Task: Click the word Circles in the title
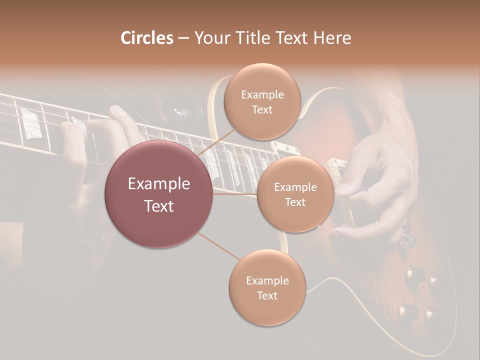(146, 38)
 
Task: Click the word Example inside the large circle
(159, 184)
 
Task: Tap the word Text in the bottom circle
(267, 295)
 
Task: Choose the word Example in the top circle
(262, 94)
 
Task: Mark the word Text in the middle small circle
(295, 202)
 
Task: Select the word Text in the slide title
(290, 38)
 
